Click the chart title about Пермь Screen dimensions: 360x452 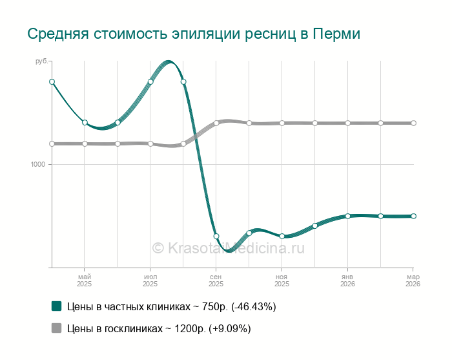[193, 34]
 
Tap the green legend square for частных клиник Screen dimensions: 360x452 [56, 306]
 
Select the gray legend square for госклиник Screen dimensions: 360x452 [56, 328]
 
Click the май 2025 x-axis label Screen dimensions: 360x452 [84, 280]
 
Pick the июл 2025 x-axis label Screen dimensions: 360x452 [150, 280]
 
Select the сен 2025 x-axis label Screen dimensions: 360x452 [216, 280]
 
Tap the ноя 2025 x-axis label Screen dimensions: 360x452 [282, 280]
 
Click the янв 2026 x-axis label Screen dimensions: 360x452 [347, 280]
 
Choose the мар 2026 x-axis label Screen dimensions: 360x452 [413, 280]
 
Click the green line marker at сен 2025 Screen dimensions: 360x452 [216, 236]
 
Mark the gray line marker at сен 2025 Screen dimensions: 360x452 [216, 123]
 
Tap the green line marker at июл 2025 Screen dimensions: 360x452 [150, 81]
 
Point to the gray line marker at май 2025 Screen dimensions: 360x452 [85, 143]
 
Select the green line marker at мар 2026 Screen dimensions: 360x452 [413, 216]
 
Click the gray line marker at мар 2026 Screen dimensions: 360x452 [413, 123]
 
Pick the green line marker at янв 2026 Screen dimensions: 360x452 [347, 216]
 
